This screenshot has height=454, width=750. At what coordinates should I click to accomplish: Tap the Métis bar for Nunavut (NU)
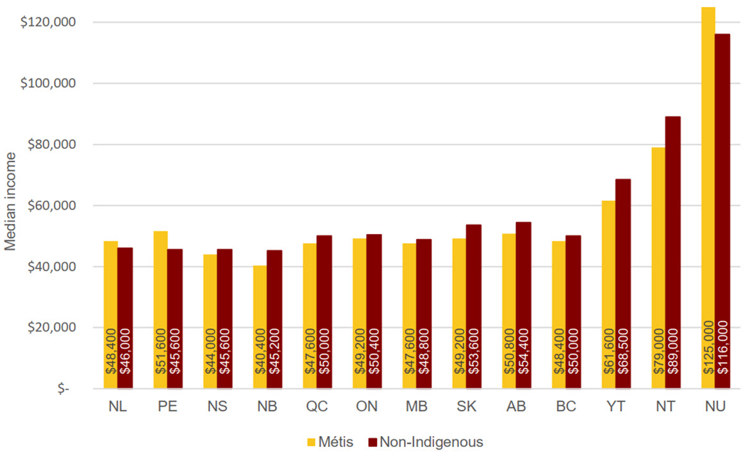click(708, 192)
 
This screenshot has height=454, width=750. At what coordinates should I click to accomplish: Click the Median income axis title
click(11, 205)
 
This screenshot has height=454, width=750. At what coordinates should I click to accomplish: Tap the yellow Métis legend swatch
click(312, 442)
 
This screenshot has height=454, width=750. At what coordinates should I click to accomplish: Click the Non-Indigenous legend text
click(431, 442)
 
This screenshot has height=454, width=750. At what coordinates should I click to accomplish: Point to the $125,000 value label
click(708, 350)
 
